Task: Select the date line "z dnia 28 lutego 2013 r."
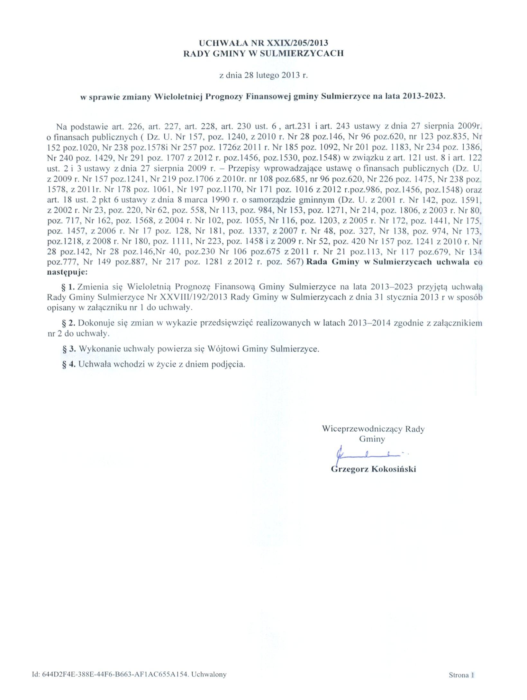point(263,76)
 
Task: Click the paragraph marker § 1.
point(68,287)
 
